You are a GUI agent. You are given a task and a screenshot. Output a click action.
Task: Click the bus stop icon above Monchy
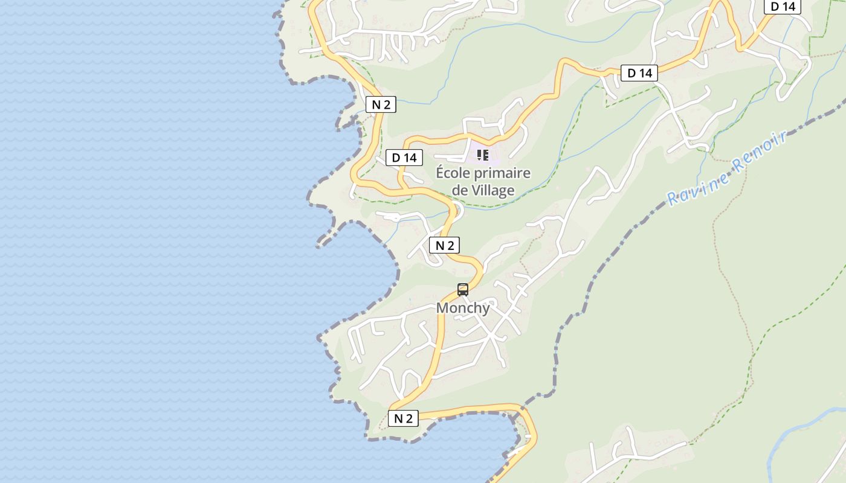pyautogui.click(x=463, y=290)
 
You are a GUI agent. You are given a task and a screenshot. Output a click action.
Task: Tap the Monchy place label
pyautogui.click(x=463, y=308)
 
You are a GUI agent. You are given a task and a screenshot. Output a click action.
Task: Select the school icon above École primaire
pyautogui.click(x=483, y=155)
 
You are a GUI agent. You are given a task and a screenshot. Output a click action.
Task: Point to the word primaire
pyautogui.click(x=502, y=174)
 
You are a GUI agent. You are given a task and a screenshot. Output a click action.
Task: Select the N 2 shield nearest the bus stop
pyautogui.click(x=444, y=246)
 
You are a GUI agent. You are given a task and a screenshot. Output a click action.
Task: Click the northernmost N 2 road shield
pyautogui.click(x=381, y=104)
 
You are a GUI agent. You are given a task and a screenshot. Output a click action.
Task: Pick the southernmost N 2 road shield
pyautogui.click(x=403, y=418)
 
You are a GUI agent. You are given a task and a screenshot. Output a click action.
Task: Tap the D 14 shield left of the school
pyautogui.click(x=404, y=158)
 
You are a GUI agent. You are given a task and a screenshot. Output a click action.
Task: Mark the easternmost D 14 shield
pyautogui.click(x=783, y=7)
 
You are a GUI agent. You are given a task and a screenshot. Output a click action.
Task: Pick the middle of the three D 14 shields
pyautogui.click(x=639, y=74)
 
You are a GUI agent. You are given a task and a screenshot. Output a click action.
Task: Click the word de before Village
pyautogui.click(x=460, y=191)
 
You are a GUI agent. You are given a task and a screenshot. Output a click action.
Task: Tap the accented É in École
pyautogui.click(x=441, y=173)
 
